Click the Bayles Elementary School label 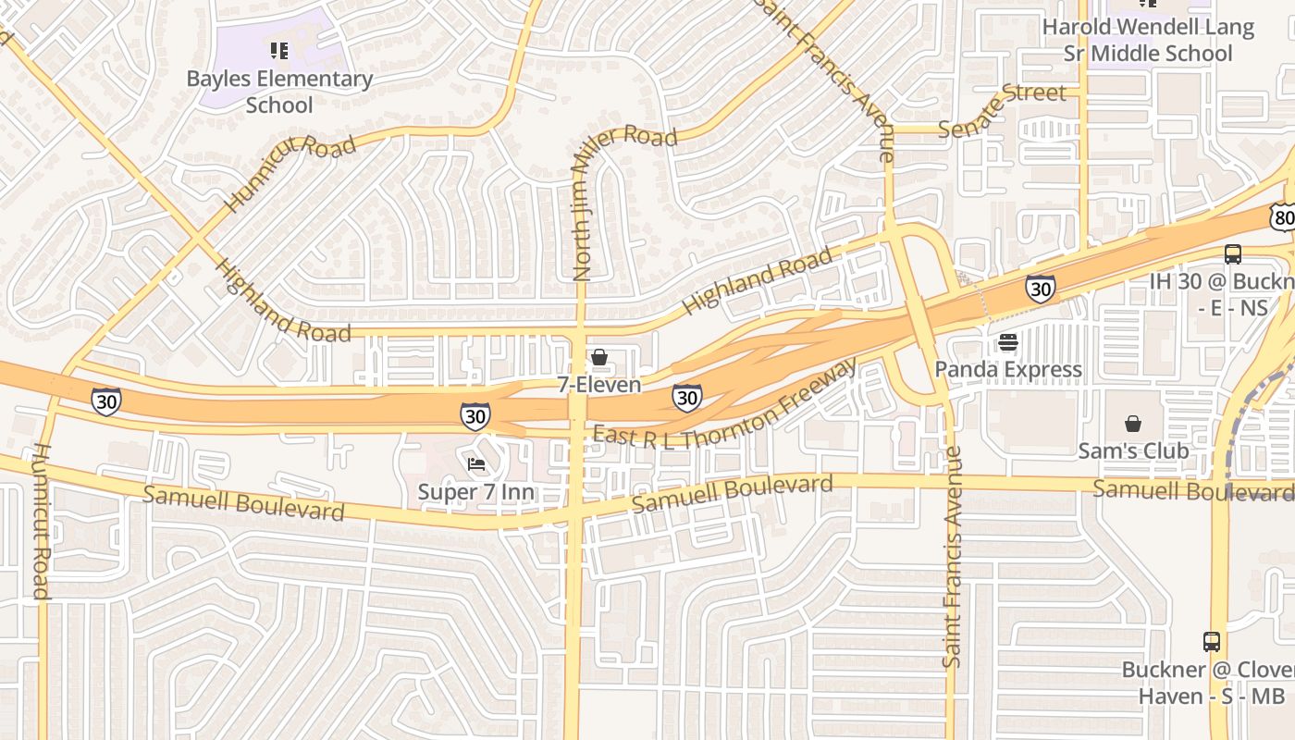[279, 92]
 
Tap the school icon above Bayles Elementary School [279, 51]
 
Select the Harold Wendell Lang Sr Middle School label [1148, 41]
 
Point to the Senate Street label [1002, 110]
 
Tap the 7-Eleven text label [599, 385]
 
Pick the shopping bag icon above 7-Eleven [599, 357]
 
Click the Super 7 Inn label [476, 492]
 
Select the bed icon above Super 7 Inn [476, 464]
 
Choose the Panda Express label [1008, 370]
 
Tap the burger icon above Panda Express [1008, 343]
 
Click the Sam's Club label [1133, 451]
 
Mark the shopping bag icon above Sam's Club [1133, 425]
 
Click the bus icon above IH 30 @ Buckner [1233, 254]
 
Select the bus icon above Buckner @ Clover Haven [1212, 642]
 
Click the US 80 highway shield [1282, 217]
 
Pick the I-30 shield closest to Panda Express [1041, 289]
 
